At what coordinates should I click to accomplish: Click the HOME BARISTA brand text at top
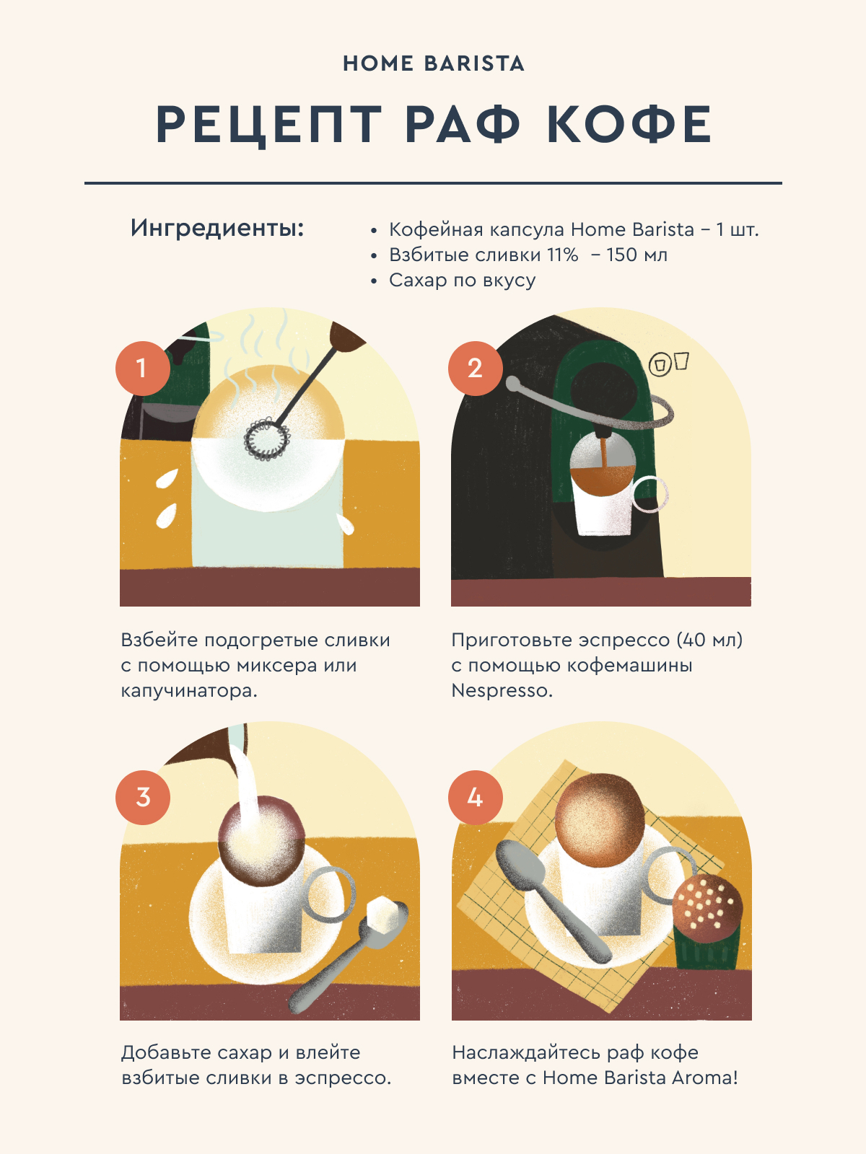433,63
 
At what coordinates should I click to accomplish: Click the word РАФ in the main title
462,124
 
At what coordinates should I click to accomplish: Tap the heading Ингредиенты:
217,229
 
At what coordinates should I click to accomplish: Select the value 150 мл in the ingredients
637,255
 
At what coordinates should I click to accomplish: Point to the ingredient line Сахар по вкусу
462,281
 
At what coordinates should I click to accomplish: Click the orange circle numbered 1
142,368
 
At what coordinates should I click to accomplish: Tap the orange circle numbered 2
476,368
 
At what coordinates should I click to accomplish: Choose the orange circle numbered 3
142,797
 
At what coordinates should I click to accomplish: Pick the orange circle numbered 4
476,797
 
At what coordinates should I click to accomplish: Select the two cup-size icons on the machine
668,363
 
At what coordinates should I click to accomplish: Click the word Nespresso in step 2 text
502,690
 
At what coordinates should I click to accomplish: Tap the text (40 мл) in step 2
709,640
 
